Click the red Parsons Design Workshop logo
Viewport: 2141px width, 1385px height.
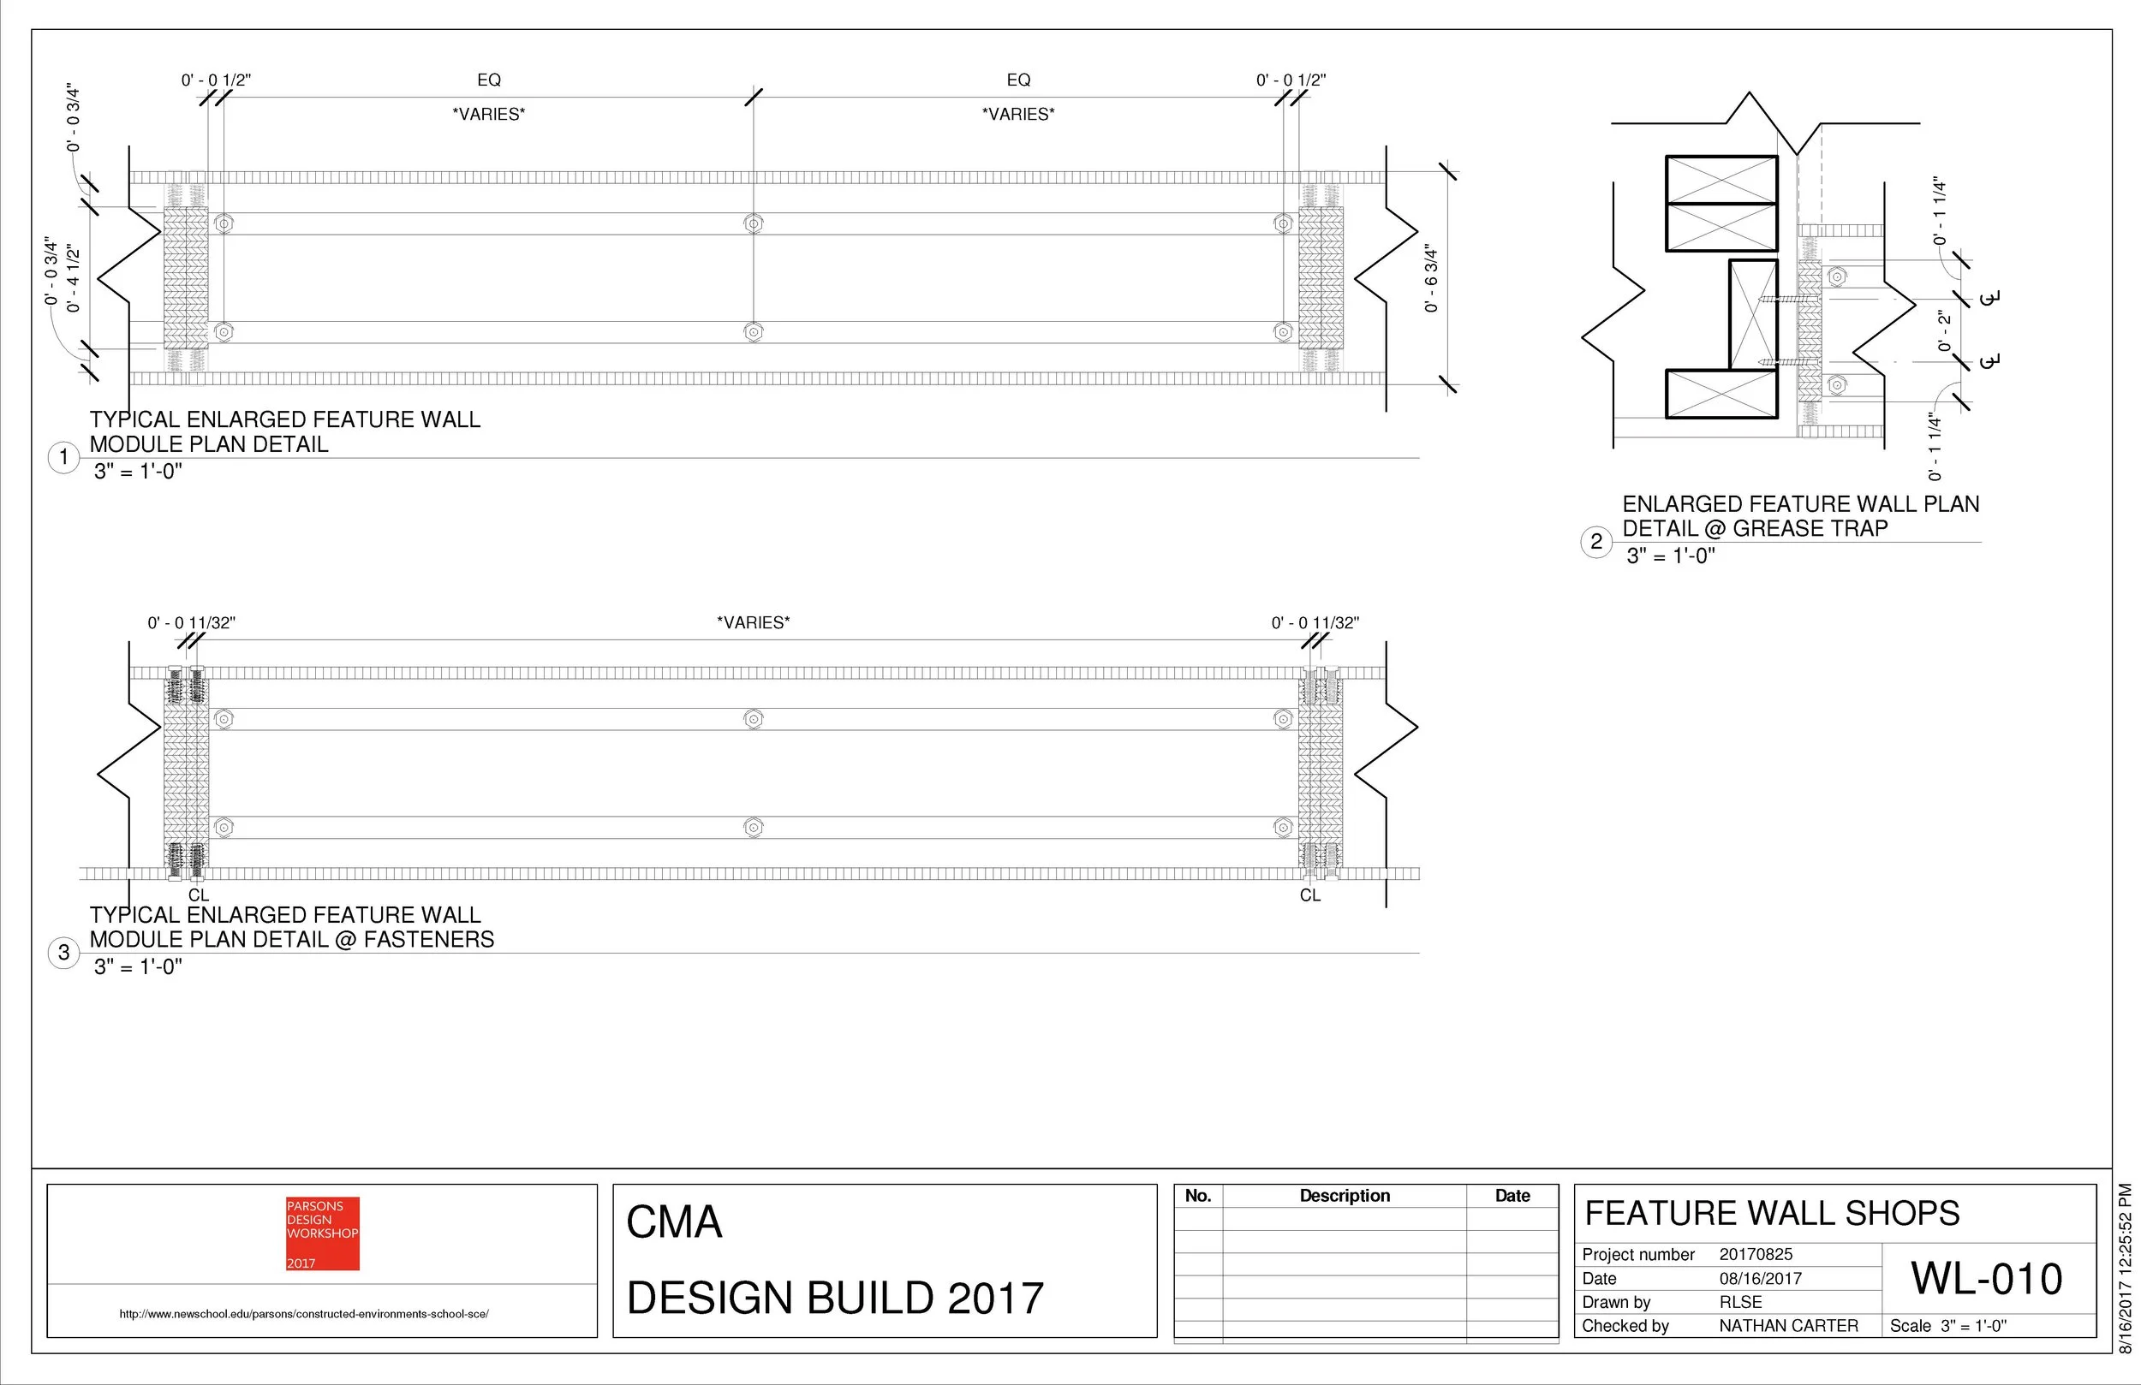(322, 1233)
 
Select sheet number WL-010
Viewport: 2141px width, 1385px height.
(1986, 1278)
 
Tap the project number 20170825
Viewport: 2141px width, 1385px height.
(1755, 1254)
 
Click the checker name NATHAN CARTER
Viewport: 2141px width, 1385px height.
(1787, 1326)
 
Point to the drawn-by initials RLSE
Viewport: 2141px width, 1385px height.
(1740, 1301)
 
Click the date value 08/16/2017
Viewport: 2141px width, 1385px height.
(1760, 1278)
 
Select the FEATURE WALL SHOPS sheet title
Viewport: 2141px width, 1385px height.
(1771, 1213)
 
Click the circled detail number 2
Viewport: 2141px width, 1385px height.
(1595, 541)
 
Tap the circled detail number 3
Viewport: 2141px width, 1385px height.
(63, 953)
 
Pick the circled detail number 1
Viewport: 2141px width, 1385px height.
(63, 457)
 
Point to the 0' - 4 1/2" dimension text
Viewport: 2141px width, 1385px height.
(73, 278)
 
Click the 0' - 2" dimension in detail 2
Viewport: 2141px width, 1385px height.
(1944, 331)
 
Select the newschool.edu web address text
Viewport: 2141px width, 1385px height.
(304, 1314)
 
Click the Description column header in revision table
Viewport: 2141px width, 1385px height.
(1344, 1195)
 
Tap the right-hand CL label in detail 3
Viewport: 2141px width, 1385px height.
(1309, 895)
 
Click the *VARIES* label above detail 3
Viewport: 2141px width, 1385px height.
(753, 622)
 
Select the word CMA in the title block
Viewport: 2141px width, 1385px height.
(674, 1222)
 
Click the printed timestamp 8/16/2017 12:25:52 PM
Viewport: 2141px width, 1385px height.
(2125, 1268)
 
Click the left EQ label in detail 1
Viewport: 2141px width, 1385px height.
(488, 80)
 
